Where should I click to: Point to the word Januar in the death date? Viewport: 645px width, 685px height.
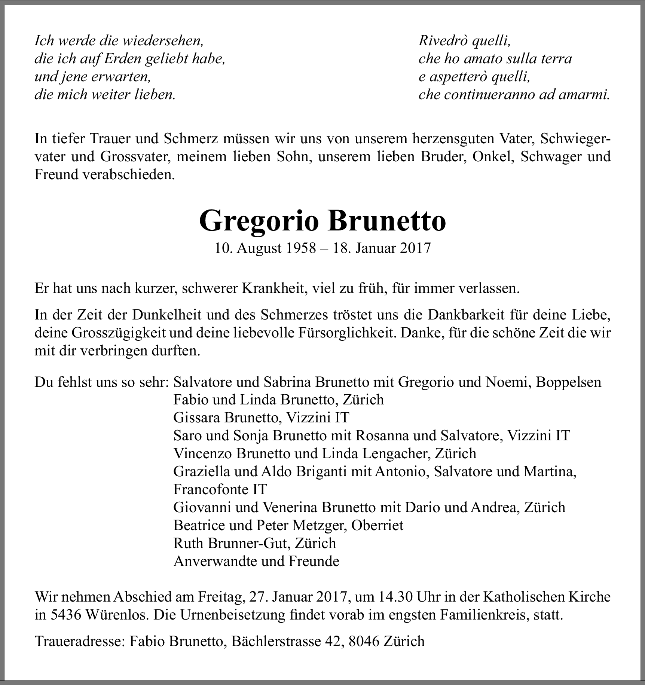[x=375, y=248]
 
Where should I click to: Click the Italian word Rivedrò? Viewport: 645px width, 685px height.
[x=443, y=40]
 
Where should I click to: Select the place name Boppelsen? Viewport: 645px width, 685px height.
[x=568, y=382]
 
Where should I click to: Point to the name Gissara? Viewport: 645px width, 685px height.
[x=197, y=418]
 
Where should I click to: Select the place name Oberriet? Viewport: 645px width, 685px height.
[x=377, y=525]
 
